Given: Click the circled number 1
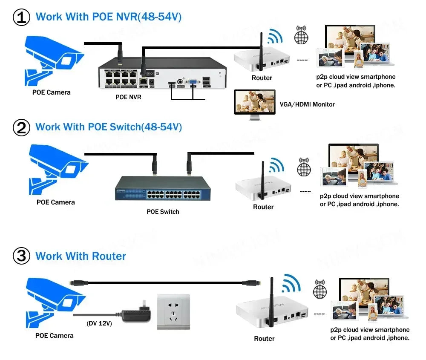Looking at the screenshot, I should [x=22, y=17].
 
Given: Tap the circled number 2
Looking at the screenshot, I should [x=22, y=127].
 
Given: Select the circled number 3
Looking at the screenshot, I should [x=22, y=256].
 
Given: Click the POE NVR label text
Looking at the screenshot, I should [x=128, y=97].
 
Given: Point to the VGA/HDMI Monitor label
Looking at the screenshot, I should [x=307, y=104].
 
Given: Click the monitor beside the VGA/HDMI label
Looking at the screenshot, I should [x=255, y=102].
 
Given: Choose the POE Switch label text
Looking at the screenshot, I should [x=163, y=212].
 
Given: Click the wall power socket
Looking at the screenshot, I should [x=173, y=312].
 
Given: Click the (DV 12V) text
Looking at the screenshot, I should [x=99, y=323].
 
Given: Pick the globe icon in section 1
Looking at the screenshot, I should [x=301, y=35].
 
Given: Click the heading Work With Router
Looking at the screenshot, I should [x=81, y=256].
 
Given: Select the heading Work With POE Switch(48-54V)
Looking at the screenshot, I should [x=109, y=127].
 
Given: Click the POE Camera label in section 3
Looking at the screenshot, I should [x=54, y=336].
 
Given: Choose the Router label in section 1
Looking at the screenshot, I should [x=262, y=78].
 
